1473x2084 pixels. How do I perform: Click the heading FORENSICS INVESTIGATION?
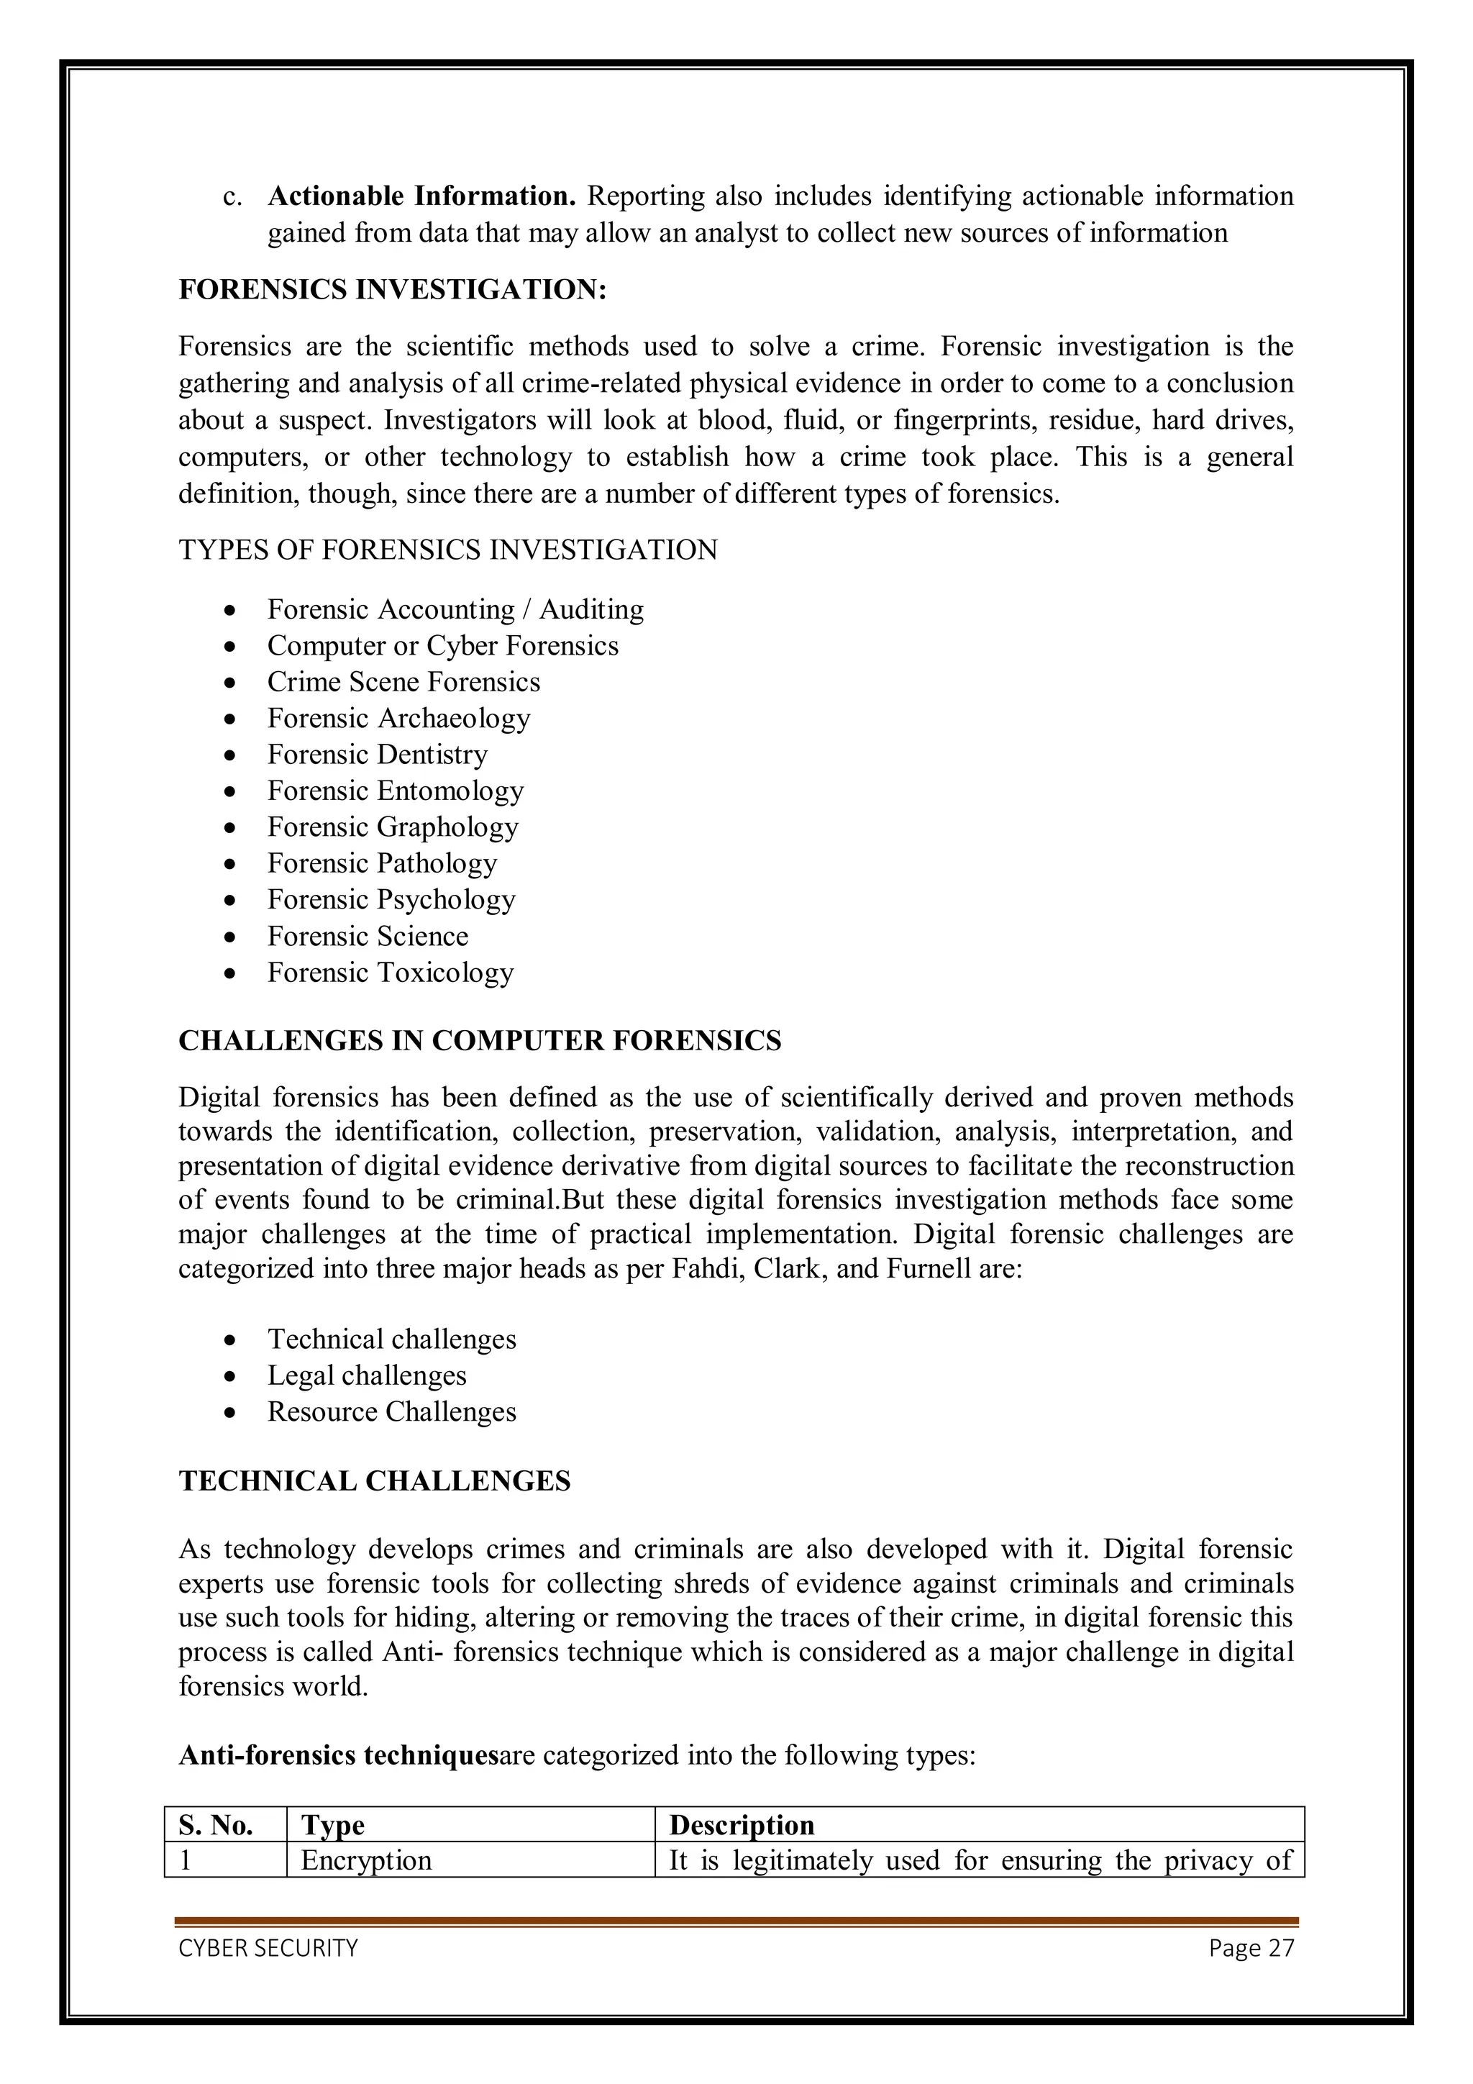click(x=392, y=290)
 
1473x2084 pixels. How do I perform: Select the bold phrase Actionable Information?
click(x=422, y=196)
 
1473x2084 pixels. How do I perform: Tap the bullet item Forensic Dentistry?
click(x=377, y=755)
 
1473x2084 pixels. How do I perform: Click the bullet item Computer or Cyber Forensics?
click(x=442, y=645)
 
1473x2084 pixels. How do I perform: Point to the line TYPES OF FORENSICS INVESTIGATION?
click(x=447, y=550)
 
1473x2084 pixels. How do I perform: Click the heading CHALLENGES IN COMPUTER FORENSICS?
click(x=479, y=1040)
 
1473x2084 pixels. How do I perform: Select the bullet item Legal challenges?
click(x=367, y=1375)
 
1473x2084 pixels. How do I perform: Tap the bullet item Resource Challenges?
click(x=391, y=1411)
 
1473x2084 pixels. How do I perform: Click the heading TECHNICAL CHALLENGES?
click(x=374, y=1481)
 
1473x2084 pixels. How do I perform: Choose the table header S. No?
click(x=216, y=1824)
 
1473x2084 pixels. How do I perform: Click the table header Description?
click(x=742, y=1824)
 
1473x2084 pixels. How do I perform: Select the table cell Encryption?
click(x=366, y=1861)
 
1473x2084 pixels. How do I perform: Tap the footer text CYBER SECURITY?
click(x=268, y=1948)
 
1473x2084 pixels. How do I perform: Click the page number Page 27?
click(x=1251, y=1948)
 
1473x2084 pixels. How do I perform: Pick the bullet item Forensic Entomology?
click(x=395, y=791)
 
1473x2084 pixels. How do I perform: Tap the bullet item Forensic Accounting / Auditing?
click(x=455, y=609)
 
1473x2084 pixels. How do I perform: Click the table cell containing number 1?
click(x=186, y=1861)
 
